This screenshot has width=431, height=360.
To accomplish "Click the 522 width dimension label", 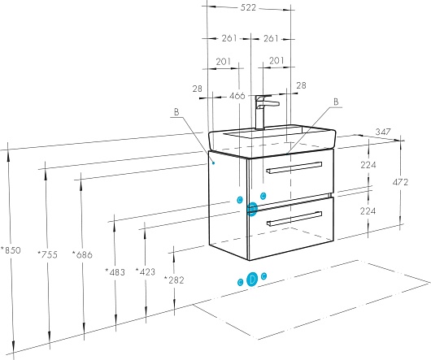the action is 248,7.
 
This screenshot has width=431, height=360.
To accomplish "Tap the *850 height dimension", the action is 11,250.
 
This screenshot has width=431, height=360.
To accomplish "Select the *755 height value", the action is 47,254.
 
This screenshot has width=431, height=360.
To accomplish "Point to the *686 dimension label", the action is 82,254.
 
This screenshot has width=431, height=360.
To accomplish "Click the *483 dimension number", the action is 115,272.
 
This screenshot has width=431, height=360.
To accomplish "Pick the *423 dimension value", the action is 146,271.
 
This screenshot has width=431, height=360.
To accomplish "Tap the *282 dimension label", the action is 174,280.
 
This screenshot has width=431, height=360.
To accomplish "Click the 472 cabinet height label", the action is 400,182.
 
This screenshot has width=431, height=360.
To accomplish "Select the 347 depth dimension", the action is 383,132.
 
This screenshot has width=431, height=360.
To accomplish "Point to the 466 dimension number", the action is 237,96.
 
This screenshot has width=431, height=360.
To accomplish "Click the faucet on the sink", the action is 265,112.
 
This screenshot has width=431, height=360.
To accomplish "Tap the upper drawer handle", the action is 294,167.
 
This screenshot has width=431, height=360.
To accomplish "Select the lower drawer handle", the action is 294,219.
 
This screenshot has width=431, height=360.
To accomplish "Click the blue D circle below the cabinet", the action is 252,280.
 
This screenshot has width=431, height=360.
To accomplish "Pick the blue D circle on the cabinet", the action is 252,209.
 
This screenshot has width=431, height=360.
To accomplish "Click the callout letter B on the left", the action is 176,112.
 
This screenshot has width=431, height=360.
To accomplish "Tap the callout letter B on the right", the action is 336,102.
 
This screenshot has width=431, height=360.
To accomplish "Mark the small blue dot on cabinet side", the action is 214,163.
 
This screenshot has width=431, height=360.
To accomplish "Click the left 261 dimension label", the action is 229,38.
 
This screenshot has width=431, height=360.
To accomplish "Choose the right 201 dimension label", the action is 276,60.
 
